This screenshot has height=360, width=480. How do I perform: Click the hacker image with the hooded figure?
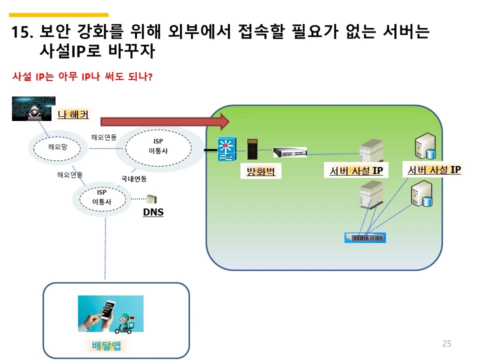33,108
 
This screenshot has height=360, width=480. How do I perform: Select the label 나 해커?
73,115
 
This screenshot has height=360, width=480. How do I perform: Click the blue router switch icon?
226,148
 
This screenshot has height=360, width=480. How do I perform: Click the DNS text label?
153,212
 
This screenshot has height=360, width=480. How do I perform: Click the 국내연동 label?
133,178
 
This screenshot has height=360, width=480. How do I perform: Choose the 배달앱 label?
106,345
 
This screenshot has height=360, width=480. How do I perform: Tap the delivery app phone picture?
110,313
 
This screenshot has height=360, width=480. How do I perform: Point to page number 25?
446,343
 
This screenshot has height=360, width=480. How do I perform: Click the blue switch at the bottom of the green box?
365,237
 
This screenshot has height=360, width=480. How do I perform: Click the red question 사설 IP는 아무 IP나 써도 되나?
82,77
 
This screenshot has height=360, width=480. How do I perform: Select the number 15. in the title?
22,33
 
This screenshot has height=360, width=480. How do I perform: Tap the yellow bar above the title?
58,15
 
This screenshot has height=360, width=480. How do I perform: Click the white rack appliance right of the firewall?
290,151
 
